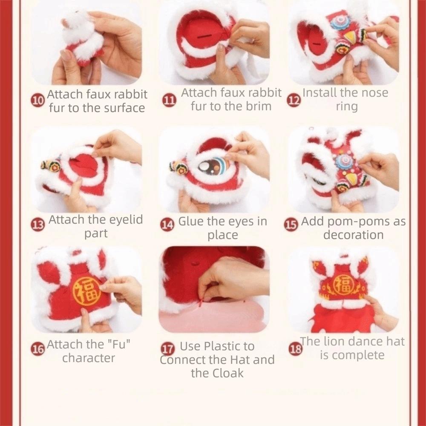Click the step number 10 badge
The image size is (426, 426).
(x=38, y=101)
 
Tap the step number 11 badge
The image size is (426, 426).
(x=170, y=101)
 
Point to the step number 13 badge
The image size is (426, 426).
(x=38, y=225)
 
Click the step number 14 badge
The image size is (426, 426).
(x=167, y=225)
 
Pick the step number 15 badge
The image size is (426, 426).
(x=291, y=225)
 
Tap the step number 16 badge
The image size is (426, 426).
(x=38, y=349)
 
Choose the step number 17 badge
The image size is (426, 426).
(x=167, y=349)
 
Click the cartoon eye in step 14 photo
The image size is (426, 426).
(x=213, y=167)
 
